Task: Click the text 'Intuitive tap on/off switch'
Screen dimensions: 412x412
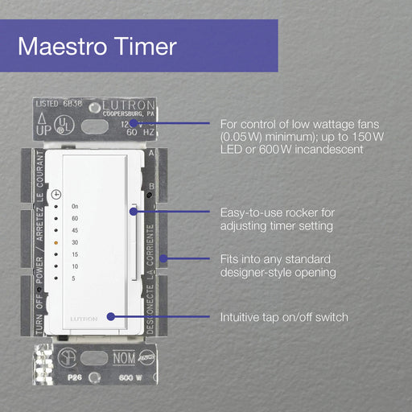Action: pos(284,317)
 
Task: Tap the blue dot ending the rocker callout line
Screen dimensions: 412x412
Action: pos(134,212)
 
